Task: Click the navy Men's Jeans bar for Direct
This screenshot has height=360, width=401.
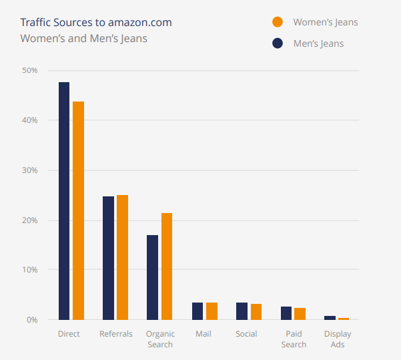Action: click(x=64, y=200)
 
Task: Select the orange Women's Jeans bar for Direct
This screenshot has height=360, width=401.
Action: click(x=79, y=210)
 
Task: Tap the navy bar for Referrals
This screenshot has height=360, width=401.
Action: click(x=108, y=258)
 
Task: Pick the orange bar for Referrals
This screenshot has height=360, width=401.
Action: click(x=122, y=257)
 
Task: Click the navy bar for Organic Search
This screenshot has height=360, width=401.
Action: click(x=152, y=277)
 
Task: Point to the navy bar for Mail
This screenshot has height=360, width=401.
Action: click(x=197, y=311)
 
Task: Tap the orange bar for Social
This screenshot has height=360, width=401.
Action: click(x=256, y=312)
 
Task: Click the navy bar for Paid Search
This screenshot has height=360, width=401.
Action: click(x=286, y=313)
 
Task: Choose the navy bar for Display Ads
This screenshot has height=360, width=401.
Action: click(x=330, y=318)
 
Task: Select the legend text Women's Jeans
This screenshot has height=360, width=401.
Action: click(x=326, y=22)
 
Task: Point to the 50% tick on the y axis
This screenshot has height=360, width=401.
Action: click(x=29, y=70)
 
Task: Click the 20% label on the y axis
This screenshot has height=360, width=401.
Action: click(x=29, y=220)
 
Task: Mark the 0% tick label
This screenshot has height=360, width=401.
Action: click(x=31, y=320)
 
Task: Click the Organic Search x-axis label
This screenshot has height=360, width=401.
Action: click(x=159, y=339)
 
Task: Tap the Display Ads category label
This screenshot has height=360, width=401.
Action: click(x=337, y=339)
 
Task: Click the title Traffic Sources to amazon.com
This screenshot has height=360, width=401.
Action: click(x=96, y=23)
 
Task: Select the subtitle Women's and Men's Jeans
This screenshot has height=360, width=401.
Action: click(x=84, y=38)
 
